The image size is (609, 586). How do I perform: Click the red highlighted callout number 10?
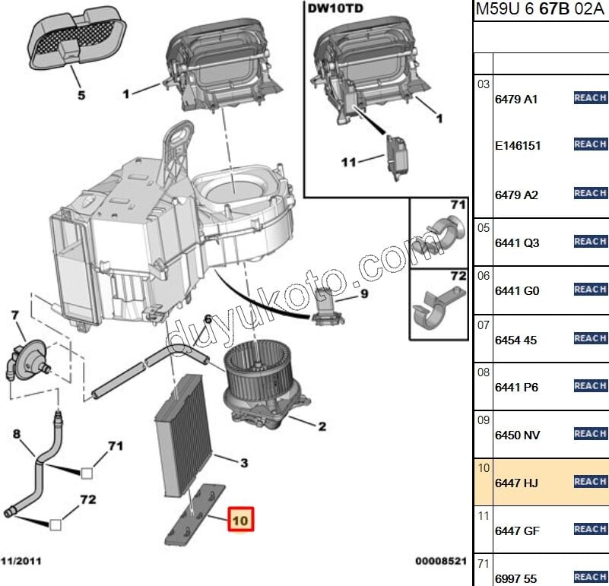[240, 521]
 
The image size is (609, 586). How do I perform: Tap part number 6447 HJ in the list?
[518, 483]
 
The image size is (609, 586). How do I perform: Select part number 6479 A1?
[516, 100]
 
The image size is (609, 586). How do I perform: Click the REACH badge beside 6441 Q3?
[590, 242]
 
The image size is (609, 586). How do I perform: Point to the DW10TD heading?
[335, 10]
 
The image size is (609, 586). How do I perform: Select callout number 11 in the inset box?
[348, 162]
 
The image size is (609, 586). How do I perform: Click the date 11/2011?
[21, 561]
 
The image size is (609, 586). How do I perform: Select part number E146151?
[518, 145]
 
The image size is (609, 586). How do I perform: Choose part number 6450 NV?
[518, 435]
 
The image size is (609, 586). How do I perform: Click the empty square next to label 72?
[56, 524]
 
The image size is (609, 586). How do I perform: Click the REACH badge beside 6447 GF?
[590, 529]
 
